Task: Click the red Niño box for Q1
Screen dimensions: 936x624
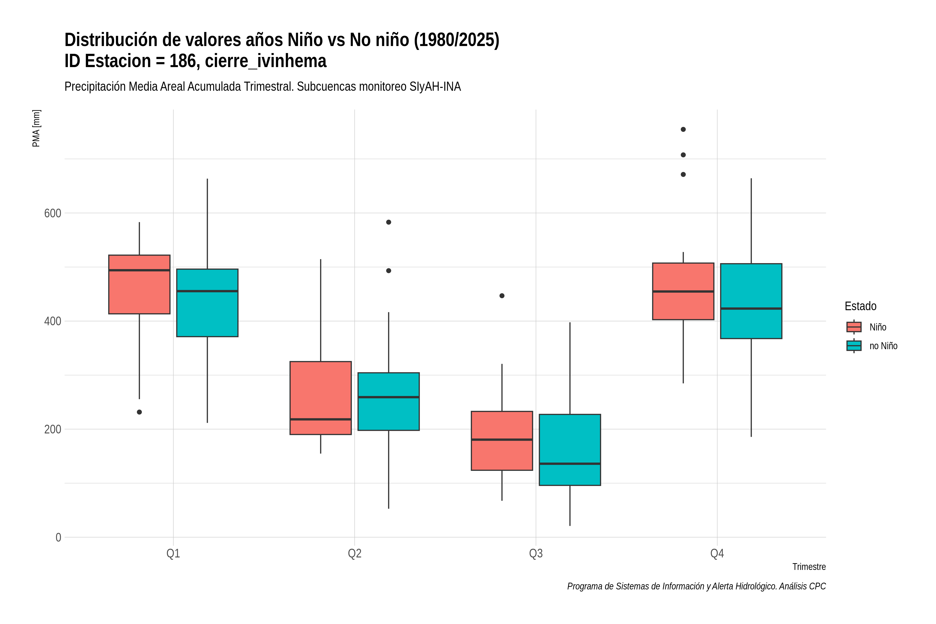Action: pyautogui.click(x=139, y=284)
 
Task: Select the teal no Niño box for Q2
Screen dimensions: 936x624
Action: pyautogui.click(x=388, y=401)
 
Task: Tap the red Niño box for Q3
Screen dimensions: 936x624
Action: pyautogui.click(x=502, y=440)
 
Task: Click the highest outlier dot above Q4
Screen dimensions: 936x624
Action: pyautogui.click(x=683, y=129)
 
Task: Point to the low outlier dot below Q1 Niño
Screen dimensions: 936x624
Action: pyautogui.click(x=139, y=412)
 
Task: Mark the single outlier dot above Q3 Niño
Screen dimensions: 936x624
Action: pyautogui.click(x=502, y=296)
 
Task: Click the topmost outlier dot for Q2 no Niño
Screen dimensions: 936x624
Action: pyautogui.click(x=388, y=222)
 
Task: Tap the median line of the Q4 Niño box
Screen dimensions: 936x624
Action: pyautogui.click(x=683, y=291)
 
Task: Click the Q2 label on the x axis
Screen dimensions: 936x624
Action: pyautogui.click(x=355, y=553)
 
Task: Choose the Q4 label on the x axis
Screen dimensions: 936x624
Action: pyautogui.click(x=717, y=553)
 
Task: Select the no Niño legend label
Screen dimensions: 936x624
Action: pyautogui.click(x=883, y=346)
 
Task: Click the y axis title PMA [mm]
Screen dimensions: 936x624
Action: pyautogui.click(x=36, y=128)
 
